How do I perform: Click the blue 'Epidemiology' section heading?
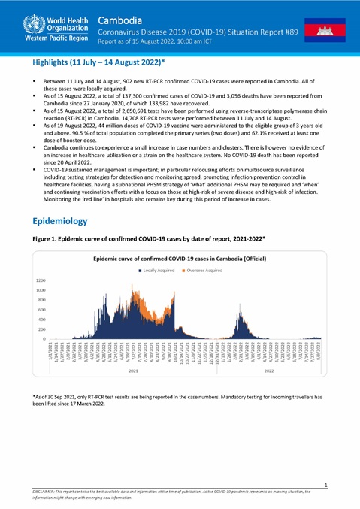tap(60, 221)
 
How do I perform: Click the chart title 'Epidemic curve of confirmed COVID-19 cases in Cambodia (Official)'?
tap(181, 258)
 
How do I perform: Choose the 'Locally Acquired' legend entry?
tap(162, 269)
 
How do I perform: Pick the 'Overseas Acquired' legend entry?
tap(213, 269)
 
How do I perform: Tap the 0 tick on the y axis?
tap(44, 339)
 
